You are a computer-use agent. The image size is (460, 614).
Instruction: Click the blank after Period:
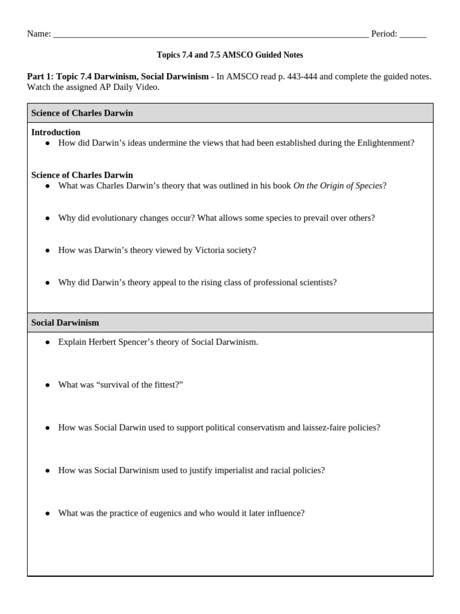(x=413, y=34)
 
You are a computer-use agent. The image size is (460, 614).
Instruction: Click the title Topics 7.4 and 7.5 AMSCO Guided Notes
(x=230, y=55)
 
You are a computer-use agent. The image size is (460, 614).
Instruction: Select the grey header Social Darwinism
(x=65, y=323)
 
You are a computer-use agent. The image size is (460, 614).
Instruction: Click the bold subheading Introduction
(x=56, y=132)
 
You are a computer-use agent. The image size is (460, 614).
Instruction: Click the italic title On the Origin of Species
(x=337, y=186)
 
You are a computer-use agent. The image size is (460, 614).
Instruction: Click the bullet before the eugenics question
(x=48, y=514)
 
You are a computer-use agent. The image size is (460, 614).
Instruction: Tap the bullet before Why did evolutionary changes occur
(x=48, y=218)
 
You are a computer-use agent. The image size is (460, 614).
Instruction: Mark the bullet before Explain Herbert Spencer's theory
(x=48, y=342)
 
